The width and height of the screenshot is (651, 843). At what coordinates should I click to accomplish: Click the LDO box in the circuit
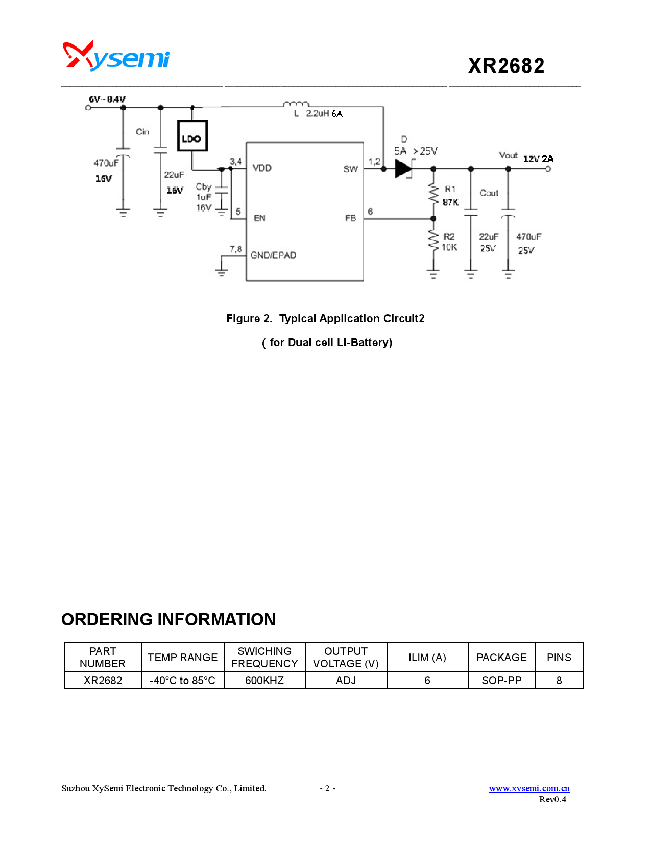click(192, 136)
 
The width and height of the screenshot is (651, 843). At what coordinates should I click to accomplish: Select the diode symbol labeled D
click(404, 169)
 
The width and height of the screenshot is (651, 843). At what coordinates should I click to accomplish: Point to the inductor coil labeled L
click(296, 104)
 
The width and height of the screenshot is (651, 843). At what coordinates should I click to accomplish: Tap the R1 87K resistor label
click(450, 196)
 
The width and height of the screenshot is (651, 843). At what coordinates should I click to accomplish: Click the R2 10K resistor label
click(449, 242)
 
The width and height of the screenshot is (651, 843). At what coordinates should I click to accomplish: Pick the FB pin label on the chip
click(350, 218)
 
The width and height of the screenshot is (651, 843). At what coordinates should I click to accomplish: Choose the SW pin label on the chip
click(350, 169)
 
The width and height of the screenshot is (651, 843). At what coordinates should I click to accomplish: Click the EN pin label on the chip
click(259, 218)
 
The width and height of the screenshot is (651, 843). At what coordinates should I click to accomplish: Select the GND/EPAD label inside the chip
click(273, 255)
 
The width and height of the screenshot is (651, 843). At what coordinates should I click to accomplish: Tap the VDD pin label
click(262, 168)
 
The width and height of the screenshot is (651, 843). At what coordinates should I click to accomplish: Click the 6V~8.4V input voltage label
click(107, 99)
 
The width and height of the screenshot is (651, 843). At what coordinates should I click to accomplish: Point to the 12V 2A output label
click(538, 159)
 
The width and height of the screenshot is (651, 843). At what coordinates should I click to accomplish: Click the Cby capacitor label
click(203, 187)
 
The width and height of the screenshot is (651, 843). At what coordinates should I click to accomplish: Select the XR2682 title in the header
click(506, 66)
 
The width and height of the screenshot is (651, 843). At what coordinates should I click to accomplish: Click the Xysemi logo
click(116, 56)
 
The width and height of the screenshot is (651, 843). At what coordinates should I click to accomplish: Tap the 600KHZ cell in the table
click(264, 681)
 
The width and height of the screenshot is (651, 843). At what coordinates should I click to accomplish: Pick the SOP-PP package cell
click(501, 681)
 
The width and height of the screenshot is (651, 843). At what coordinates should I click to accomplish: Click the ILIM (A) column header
click(427, 658)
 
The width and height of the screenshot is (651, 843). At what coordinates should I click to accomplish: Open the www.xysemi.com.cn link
click(529, 788)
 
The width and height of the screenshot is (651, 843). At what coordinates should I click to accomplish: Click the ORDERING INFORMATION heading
click(168, 619)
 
